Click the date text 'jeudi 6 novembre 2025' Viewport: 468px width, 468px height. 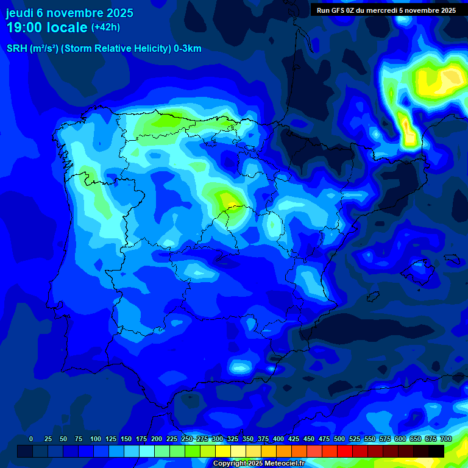point(69,13)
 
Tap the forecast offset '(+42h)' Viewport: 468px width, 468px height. point(105,27)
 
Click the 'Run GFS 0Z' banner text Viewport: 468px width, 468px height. point(339,10)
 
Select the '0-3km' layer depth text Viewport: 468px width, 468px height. point(187,49)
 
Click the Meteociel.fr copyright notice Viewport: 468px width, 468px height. point(258,464)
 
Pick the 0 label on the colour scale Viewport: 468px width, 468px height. point(31,439)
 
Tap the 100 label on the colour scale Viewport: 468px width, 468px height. point(95,439)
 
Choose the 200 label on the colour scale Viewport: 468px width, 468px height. point(157,439)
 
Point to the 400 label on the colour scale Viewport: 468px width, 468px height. point(278,439)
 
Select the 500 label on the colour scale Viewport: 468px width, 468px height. point(339,439)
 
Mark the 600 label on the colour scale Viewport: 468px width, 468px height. point(400,439)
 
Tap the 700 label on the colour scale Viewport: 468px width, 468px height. point(446,439)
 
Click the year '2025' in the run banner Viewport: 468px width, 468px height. point(448,10)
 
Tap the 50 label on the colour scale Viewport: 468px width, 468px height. point(63,439)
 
